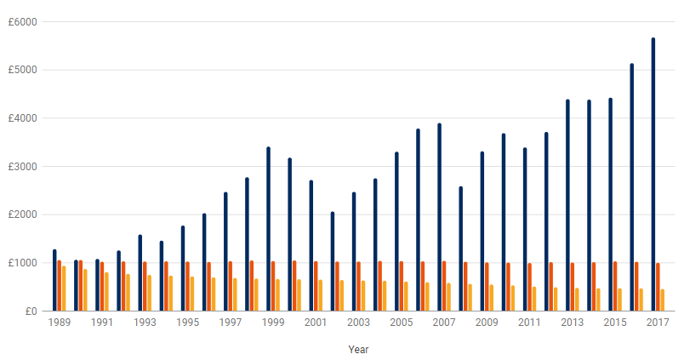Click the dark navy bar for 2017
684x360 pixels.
click(653, 174)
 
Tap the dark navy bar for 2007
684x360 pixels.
click(439, 217)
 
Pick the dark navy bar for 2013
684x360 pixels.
click(567, 205)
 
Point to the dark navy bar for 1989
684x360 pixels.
click(54, 280)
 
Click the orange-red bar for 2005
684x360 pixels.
click(402, 286)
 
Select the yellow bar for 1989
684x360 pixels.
click(64, 289)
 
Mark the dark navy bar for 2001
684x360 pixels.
click(311, 245)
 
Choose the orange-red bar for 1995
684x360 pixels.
click(187, 286)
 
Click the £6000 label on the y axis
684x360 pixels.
click(23, 21)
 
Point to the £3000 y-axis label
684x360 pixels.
click(23, 166)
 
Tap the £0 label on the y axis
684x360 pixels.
click(30, 311)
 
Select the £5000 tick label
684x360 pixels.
click(23, 70)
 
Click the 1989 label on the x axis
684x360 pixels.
click(60, 323)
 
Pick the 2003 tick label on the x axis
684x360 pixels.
click(358, 323)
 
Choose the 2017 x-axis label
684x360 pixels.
click(658, 323)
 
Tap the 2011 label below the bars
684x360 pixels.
click(529, 323)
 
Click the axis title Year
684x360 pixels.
click(358, 349)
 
